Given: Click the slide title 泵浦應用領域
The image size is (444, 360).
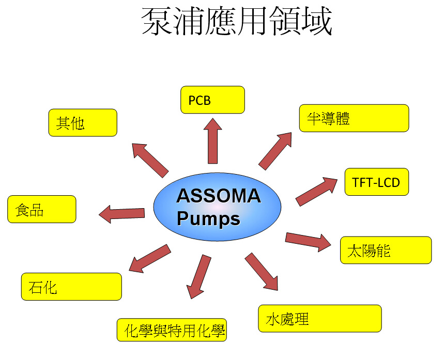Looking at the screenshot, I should click(237, 22).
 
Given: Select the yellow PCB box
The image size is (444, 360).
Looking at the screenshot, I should click(212, 100).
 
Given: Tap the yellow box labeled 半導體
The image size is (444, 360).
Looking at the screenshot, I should click(354, 118).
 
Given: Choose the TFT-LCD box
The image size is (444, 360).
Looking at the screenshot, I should click(376, 182).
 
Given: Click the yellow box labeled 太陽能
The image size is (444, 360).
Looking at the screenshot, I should click(385, 251).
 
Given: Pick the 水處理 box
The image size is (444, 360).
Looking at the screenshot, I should click(319, 318).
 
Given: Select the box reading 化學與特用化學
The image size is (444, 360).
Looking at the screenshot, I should click(172, 330).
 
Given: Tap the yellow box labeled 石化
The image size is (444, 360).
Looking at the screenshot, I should click(71, 287).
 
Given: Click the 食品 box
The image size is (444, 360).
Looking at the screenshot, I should click(42, 209).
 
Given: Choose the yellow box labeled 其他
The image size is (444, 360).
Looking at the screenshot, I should click(83, 122).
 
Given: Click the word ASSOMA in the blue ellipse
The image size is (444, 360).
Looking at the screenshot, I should click(218, 196).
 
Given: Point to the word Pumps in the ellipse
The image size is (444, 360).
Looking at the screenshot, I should click(208, 219).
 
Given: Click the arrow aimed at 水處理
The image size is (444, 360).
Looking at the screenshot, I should click(262, 272).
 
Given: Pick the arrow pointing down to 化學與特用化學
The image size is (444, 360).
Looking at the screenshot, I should click(198, 276).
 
